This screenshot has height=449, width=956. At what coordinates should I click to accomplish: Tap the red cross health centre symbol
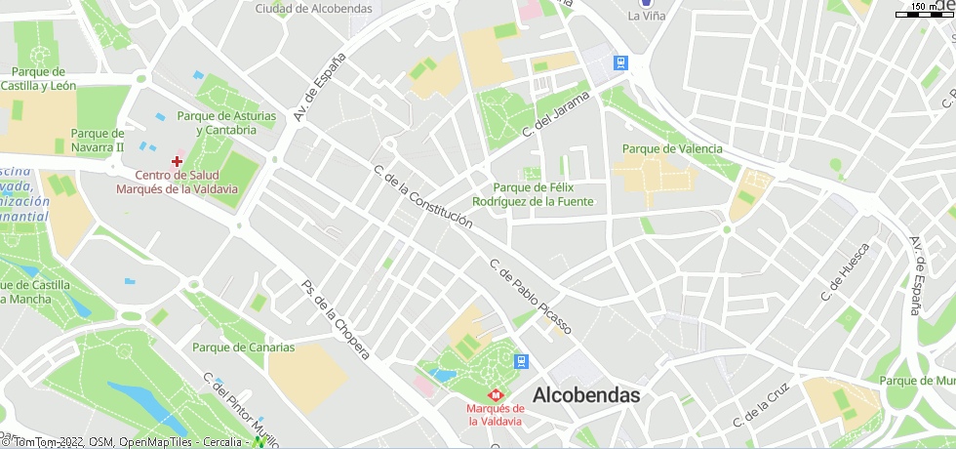click(177, 160)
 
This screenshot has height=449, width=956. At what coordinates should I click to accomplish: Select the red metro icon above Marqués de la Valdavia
click(493, 395)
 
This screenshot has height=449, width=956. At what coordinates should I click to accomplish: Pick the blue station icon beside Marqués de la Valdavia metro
click(523, 360)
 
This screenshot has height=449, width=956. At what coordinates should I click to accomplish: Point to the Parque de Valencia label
click(672, 148)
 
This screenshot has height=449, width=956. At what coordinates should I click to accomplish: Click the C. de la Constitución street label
click(422, 197)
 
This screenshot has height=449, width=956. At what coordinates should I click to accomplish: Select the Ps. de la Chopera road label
click(335, 319)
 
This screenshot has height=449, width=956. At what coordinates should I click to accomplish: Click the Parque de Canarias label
click(243, 347)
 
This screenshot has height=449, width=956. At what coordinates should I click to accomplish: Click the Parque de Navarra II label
click(98, 140)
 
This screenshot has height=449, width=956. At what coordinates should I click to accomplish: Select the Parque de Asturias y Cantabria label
click(226, 123)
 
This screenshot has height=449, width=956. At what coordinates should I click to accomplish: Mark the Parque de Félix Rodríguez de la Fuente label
click(532, 194)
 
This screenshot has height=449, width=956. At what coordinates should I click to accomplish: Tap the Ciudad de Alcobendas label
click(313, 8)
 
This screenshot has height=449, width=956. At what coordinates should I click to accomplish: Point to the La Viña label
click(646, 16)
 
